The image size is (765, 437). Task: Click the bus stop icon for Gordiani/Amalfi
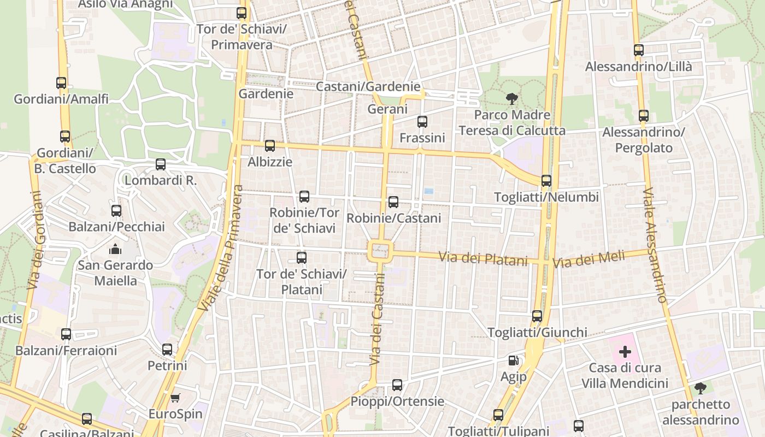coord(61,83)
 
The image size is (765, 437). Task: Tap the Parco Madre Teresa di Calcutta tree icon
coord(512,99)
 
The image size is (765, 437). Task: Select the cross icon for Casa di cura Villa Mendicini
coord(625,352)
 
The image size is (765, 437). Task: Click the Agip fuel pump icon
coord(513,361)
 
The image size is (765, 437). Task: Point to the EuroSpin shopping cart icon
coord(175,398)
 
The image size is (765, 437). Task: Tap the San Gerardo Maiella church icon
coord(115,249)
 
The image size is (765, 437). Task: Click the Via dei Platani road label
coord(484,258)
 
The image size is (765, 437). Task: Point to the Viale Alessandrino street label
coord(655,246)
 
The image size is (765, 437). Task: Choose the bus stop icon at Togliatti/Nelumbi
coord(546,181)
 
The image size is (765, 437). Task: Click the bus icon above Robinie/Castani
coord(393,202)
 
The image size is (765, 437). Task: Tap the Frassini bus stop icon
coord(422,122)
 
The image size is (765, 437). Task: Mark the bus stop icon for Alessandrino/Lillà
coord(639,50)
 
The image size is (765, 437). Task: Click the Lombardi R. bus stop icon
coord(161,164)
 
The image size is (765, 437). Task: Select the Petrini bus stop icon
coord(167,350)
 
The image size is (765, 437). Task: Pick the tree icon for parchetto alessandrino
coord(700,388)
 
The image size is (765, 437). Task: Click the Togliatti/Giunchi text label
coord(537,332)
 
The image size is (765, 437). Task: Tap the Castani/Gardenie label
coord(368,86)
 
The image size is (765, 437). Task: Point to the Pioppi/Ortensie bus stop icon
coord(397,385)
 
